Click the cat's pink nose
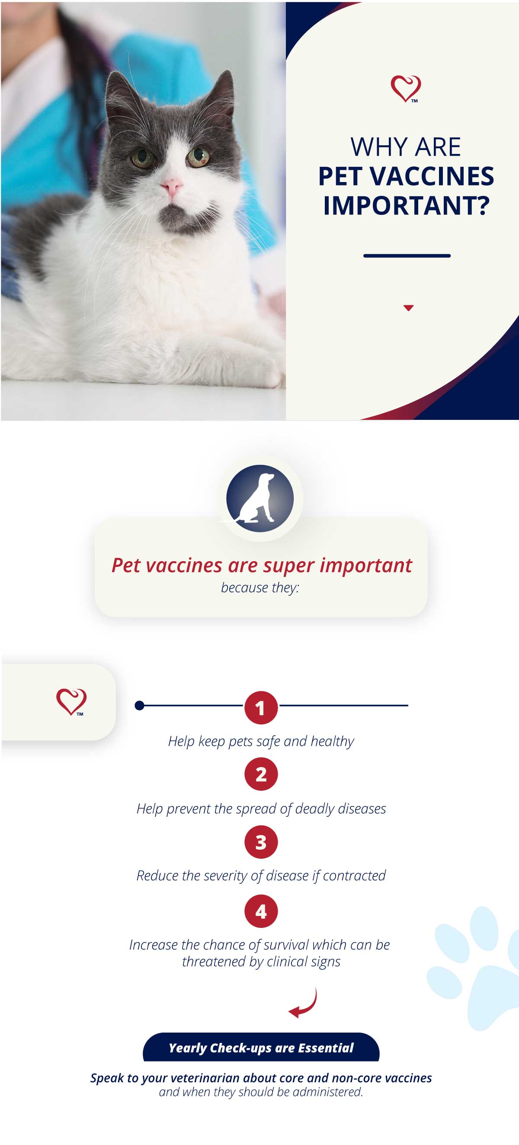point(171,186)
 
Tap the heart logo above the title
point(405,89)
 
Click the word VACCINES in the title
point(432,176)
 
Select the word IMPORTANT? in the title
point(406,205)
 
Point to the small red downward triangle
point(408,307)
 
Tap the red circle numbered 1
point(261,707)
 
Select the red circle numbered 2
point(261,774)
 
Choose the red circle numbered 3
point(261,842)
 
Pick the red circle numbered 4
point(261,911)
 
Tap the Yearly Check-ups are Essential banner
point(261,1047)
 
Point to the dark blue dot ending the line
point(139,705)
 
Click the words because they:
point(260,588)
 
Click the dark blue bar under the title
point(407,256)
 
